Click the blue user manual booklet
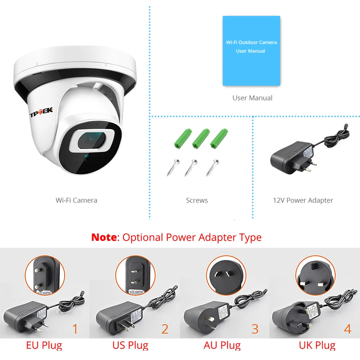coord(251,50)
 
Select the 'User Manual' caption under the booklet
coord(252,98)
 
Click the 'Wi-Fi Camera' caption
coord(76,200)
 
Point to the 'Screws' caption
coord(197,200)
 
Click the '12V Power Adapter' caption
coord(303,200)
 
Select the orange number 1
coord(75,329)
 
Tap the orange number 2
coord(165,329)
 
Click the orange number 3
coord(255,329)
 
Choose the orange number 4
coord(347,329)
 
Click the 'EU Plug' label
coord(44,346)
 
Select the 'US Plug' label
coord(130,346)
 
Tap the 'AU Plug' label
coord(222,346)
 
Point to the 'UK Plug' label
coord(317,346)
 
